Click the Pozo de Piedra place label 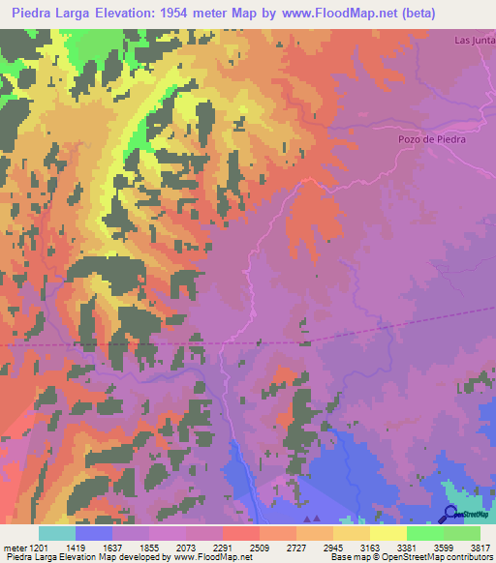432,139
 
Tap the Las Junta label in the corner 474,41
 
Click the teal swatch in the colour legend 57,533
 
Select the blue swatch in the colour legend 94,533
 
